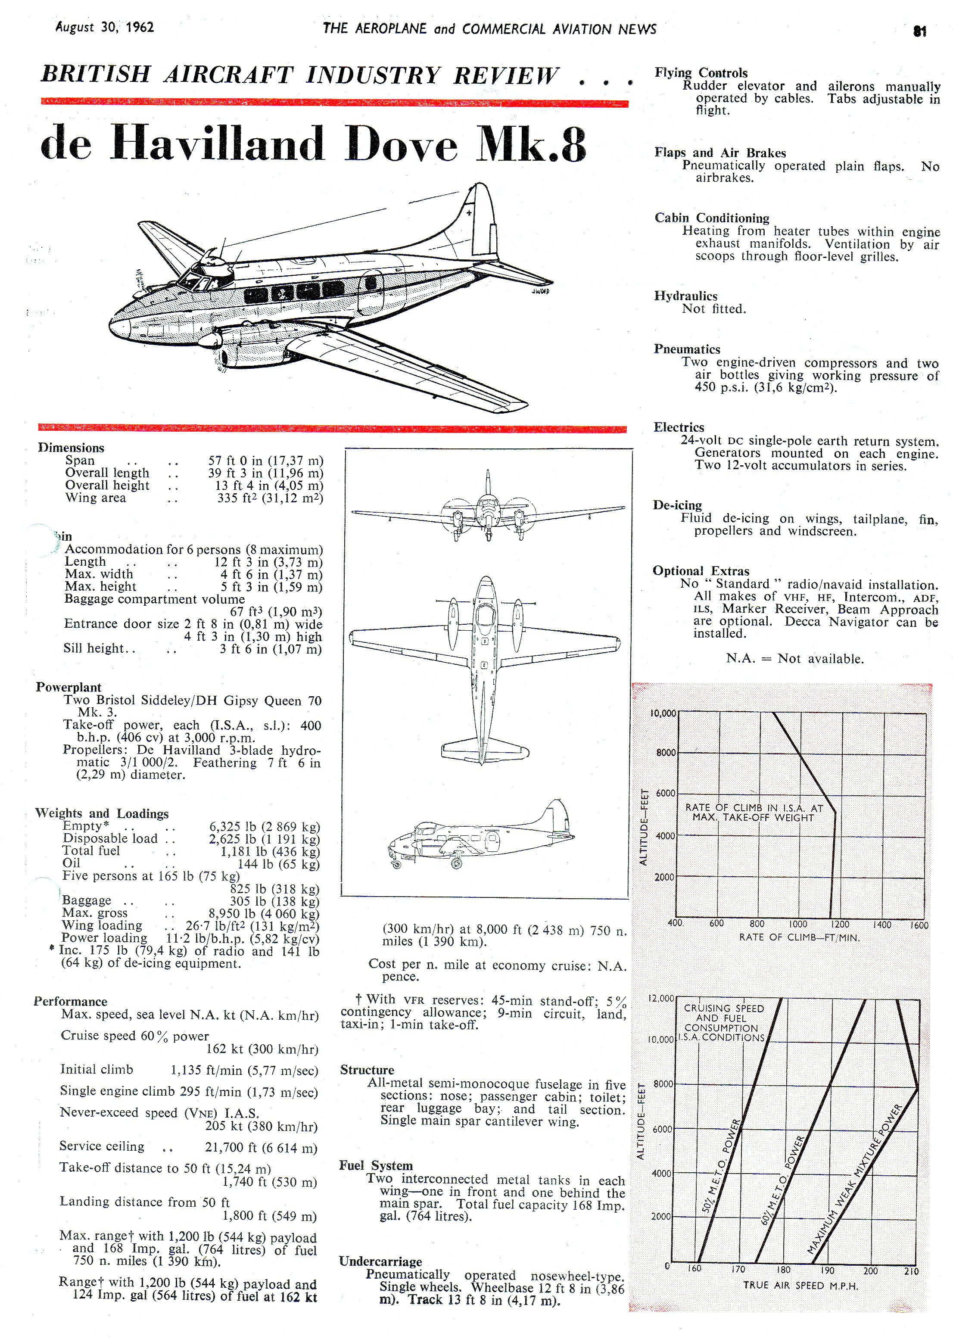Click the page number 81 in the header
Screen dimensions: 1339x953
[919, 31]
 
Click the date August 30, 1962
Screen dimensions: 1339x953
[104, 27]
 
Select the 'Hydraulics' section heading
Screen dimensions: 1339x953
[685, 296]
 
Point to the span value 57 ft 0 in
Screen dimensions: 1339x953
[265, 461]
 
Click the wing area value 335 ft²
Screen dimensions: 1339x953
[270, 498]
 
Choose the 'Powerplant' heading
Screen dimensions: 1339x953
[68, 687]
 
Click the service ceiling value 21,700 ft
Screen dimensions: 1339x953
[261, 1147]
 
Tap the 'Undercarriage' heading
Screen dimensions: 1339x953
[380, 1261]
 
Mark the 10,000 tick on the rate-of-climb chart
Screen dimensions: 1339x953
[663, 713]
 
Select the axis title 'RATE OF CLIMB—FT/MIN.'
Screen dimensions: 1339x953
[799, 937]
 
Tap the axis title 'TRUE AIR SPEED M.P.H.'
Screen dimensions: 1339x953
[800, 1285]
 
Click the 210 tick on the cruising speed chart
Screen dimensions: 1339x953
[911, 1271]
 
